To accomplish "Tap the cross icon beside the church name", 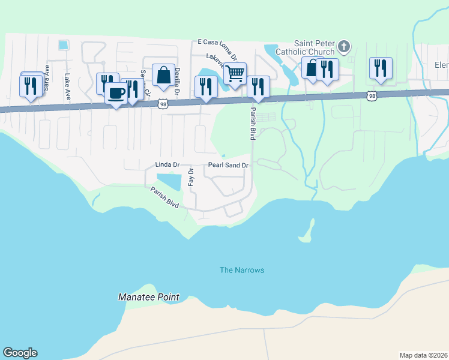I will (x=344, y=47).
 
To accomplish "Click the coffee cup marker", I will (x=116, y=94).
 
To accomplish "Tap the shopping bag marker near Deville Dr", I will (x=163, y=76).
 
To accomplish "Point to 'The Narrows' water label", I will (x=241, y=270).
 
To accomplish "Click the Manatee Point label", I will (x=148, y=297).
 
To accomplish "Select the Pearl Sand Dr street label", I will (x=228, y=165).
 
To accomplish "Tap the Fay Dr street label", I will (x=191, y=178).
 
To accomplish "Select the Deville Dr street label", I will (x=177, y=77).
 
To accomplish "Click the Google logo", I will (x=20, y=353).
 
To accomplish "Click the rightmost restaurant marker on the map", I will (x=381, y=68).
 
